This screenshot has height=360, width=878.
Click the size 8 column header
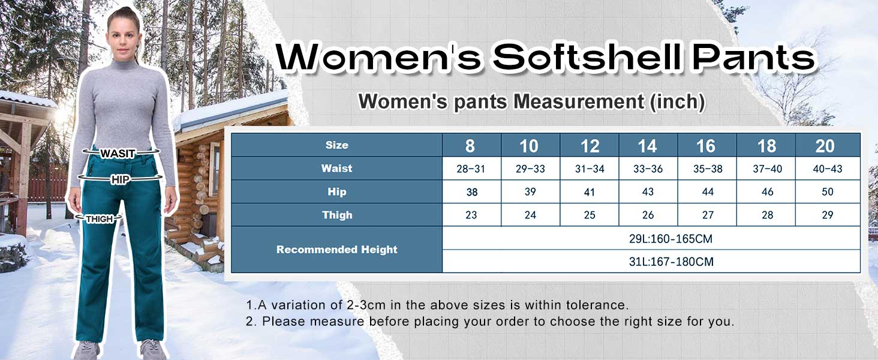[470, 146]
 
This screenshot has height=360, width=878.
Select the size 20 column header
[825, 146]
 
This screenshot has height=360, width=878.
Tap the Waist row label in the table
[336, 169]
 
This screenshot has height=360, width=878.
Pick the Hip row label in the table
[336, 192]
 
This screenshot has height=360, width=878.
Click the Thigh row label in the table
[336, 215]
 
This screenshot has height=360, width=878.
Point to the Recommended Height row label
[336, 250]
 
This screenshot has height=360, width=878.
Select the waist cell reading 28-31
[471, 169]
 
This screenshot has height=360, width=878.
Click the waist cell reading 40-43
[828, 169]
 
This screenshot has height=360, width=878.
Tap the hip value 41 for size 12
[590, 193]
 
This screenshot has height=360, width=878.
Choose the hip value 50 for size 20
[828, 193]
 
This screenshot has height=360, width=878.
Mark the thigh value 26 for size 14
[648, 215]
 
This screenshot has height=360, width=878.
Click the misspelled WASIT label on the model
[118, 154]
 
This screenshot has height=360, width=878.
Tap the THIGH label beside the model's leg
[100, 219]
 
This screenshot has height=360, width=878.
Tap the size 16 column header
[706, 146]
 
